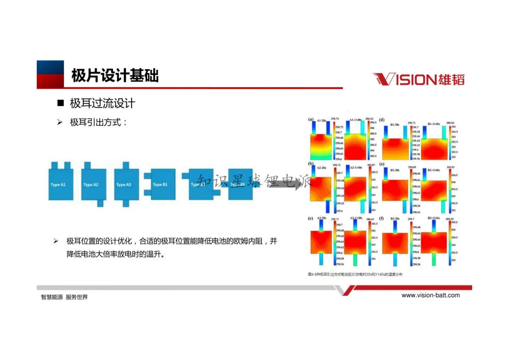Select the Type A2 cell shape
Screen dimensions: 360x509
(94, 184)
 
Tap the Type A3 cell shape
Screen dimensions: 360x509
(126, 184)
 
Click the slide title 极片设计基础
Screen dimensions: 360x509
(115, 75)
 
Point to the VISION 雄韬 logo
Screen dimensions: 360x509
(418, 79)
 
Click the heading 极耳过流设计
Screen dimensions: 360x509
(103, 103)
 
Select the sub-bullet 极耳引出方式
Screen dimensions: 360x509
(98, 123)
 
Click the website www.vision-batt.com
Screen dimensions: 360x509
(430, 295)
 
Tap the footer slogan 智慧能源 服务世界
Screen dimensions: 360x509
(64, 297)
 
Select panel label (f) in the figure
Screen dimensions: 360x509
(382, 219)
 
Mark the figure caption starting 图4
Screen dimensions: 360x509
(355, 274)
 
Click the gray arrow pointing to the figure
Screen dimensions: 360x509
(287, 182)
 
